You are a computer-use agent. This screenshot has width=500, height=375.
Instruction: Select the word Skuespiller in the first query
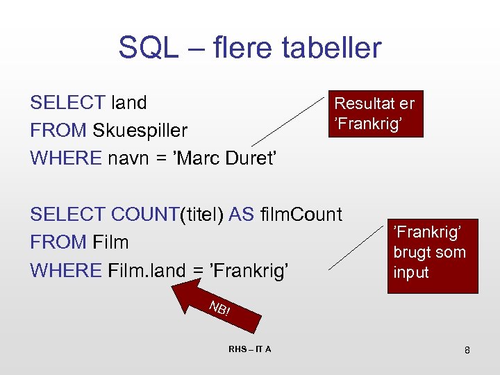[x=140, y=131]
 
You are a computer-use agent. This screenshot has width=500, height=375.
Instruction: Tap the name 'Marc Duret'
[x=229, y=158]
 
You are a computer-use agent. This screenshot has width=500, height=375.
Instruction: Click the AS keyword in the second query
[x=241, y=215]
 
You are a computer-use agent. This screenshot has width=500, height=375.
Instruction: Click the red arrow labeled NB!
[x=215, y=307]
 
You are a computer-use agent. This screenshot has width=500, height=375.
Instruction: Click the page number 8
[x=467, y=350]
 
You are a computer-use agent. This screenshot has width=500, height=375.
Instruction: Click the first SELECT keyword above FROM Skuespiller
[x=67, y=103]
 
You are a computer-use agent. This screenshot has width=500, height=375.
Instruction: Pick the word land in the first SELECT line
[x=129, y=103]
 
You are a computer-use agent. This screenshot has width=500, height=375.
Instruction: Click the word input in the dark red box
[x=411, y=272]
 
